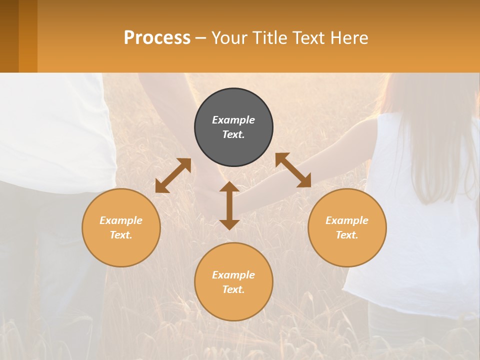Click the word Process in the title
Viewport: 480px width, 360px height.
pyautogui.click(x=157, y=38)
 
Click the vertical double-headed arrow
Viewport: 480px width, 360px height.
pyautogui.click(x=229, y=205)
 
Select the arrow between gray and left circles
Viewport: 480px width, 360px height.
pyautogui.click(x=173, y=175)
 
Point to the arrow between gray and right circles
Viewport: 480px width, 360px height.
pyautogui.click(x=293, y=170)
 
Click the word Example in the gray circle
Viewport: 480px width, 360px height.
pyautogui.click(x=233, y=120)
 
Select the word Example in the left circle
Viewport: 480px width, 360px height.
pyautogui.click(x=121, y=220)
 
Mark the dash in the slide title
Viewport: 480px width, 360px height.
pyautogui.click(x=201, y=38)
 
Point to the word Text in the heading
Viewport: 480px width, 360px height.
pyautogui.click(x=308, y=38)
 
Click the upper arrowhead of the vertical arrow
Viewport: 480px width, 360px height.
pyautogui.click(x=229, y=187)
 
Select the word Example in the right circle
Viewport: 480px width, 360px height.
pyautogui.click(x=347, y=220)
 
